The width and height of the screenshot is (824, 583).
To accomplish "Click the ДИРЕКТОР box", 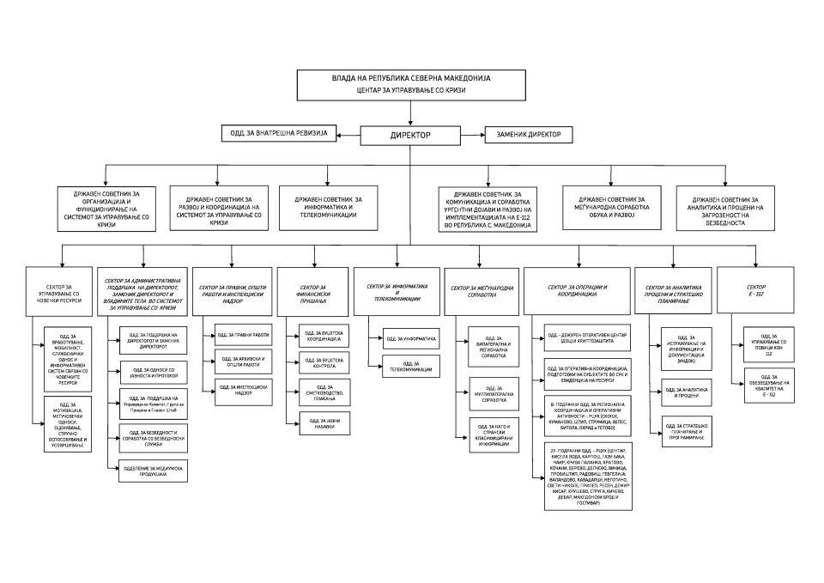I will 411,135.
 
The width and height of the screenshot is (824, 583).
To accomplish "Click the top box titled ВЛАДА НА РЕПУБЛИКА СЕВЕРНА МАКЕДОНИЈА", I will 410,83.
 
